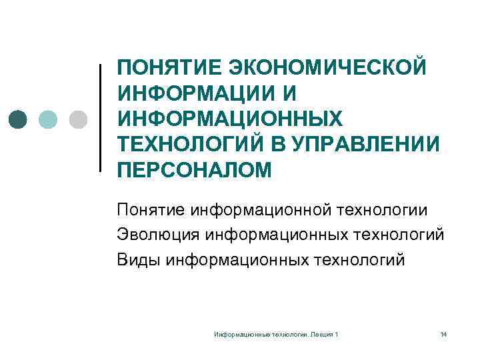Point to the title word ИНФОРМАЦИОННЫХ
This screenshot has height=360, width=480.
click(x=229, y=119)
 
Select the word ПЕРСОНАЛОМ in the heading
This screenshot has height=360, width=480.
click(x=195, y=171)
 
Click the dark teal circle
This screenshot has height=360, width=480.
click(x=19, y=119)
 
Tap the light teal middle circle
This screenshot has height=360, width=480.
click(x=49, y=119)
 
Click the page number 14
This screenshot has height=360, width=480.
click(x=443, y=333)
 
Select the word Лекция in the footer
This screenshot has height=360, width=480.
click(x=323, y=333)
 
